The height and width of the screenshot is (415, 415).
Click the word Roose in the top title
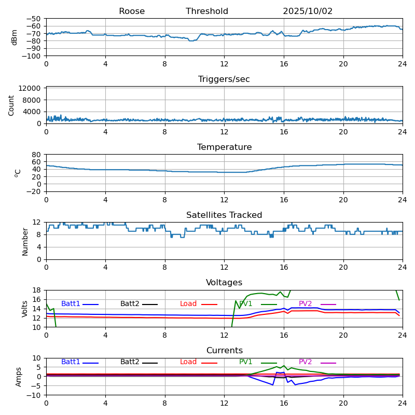(132, 11)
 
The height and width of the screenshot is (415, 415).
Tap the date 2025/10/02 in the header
(308, 11)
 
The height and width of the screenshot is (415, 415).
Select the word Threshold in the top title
(207, 11)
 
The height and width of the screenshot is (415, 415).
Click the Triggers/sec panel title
(224, 79)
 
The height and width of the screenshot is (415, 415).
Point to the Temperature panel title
(224, 147)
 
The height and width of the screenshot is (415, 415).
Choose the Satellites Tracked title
(224, 215)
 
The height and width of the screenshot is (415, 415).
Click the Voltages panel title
(224, 283)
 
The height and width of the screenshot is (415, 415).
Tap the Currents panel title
(224, 351)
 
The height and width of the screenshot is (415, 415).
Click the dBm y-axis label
(15, 37)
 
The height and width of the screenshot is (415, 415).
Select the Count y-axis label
(11, 105)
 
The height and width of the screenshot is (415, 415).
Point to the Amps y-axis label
(19, 377)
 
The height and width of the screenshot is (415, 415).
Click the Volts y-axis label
(25, 309)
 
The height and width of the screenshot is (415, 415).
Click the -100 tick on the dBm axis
(32, 56)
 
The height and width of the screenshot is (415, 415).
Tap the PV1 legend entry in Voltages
(246, 304)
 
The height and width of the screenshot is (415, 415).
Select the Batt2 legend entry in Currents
(130, 362)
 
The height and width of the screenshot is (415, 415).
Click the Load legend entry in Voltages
(188, 304)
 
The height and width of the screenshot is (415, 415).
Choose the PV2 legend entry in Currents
(306, 362)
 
